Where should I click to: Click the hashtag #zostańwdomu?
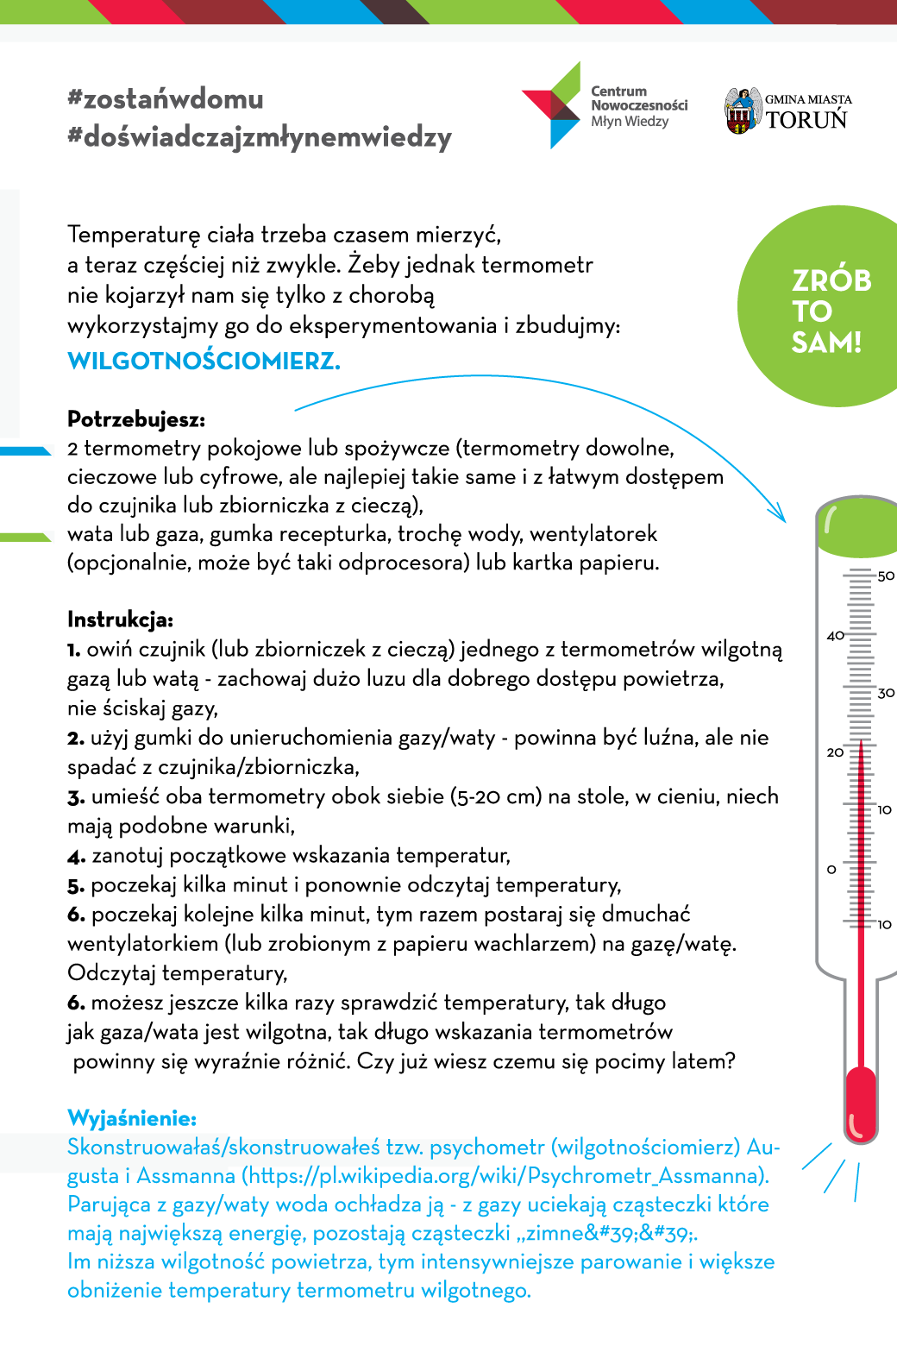(166, 99)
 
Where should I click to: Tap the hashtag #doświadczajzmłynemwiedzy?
(260, 137)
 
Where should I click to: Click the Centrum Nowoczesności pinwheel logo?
(552, 105)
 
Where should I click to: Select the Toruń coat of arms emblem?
(742, 110)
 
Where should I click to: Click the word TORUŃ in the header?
(807, 120)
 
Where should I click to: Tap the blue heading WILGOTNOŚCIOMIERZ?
(204, 361)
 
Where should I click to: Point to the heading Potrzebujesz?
(136, 420)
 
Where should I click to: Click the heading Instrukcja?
(120, 620)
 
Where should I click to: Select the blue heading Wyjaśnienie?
(132, 1119)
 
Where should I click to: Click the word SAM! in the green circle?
(826, 343)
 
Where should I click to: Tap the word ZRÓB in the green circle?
(831, 281)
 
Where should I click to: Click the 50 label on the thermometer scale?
(886, 576)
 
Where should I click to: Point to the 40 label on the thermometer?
(835, 636)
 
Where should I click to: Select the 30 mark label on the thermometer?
(886, 693)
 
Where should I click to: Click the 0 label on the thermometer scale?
(831, 870)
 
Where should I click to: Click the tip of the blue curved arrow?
(784, 520)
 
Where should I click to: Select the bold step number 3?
(76, 797)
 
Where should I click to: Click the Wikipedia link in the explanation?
(505, 1176)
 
